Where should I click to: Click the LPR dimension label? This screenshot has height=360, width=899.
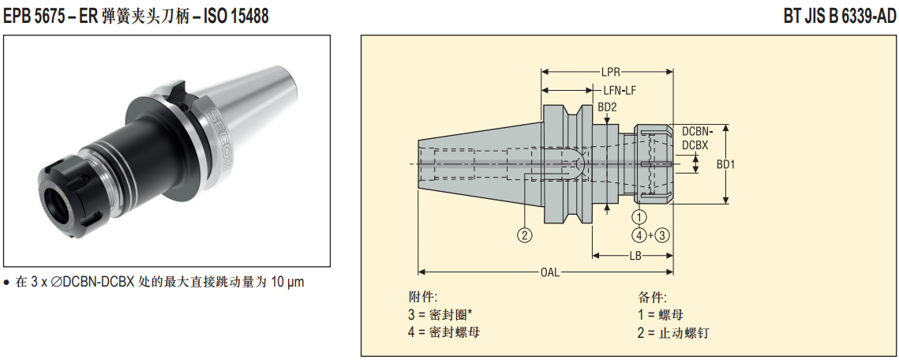(611, 73)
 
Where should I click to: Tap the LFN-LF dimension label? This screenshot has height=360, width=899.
(620, 91)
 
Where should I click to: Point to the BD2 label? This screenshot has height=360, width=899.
(607, 107)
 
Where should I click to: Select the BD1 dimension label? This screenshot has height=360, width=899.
(726, 164)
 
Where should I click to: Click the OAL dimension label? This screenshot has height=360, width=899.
(550, 272)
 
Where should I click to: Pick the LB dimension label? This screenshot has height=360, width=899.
(634, 256)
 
